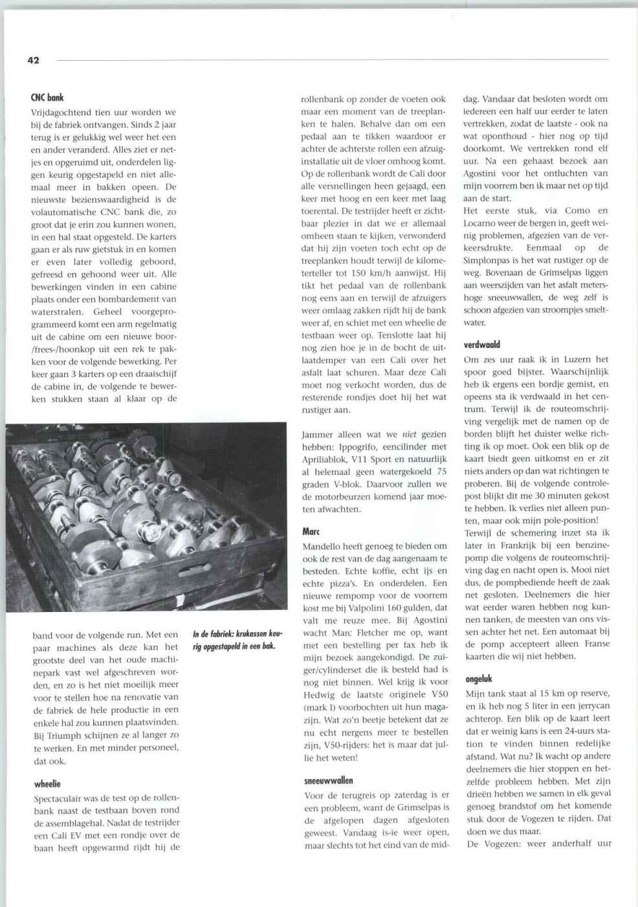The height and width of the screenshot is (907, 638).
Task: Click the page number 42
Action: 34,60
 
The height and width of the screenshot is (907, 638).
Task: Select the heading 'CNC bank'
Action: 47,98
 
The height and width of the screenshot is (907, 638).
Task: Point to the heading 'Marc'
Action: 311,532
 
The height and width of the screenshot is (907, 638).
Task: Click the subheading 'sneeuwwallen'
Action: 329,780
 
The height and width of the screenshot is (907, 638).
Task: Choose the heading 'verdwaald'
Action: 482,345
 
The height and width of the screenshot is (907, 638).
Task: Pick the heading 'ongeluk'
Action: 479,679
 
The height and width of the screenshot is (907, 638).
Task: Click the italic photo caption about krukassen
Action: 236,640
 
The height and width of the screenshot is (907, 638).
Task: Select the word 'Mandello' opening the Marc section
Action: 324,546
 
